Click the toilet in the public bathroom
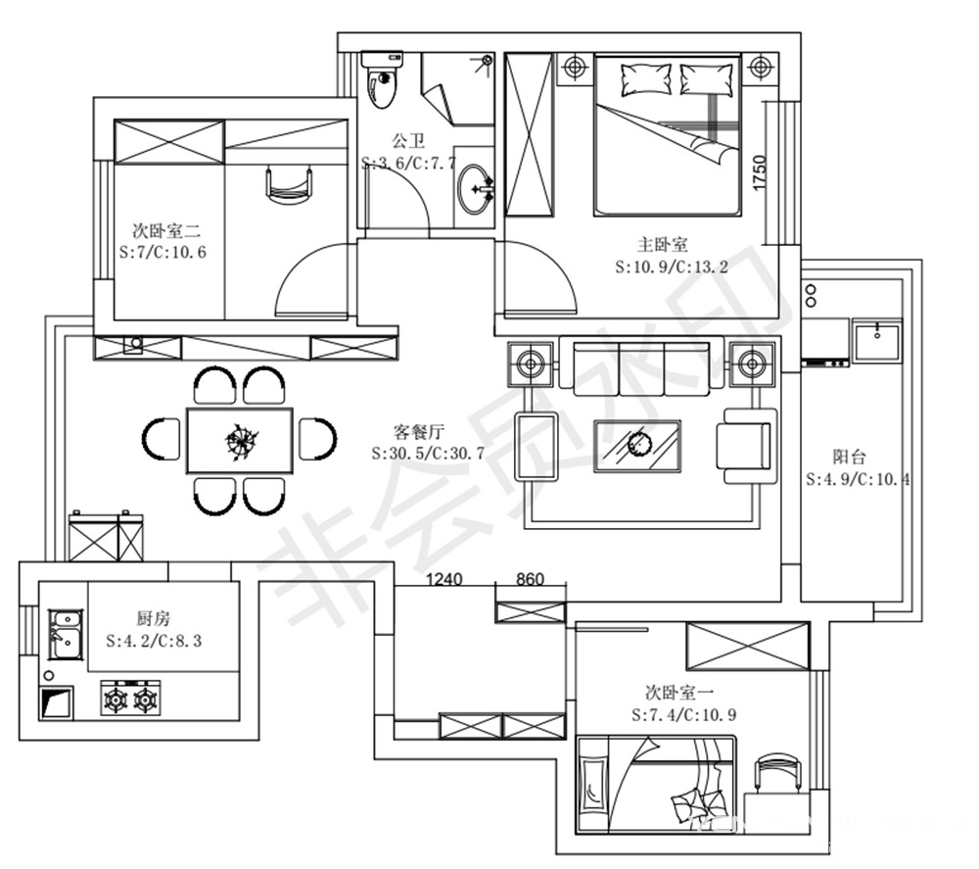tap(382, 79)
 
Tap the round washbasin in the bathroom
tap(476, 188)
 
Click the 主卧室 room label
tap(663, 244)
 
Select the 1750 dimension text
tap(760, 173)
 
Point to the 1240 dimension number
tap(443, 579)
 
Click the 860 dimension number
tap(530, 579)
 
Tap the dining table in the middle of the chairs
tap(240, 441)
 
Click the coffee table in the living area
tap(637, 446)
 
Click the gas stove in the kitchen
tap(130, 699)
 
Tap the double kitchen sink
tap(66, 635)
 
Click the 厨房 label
tap(153, 618)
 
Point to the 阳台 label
tap(850, 457)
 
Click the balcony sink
tap(877, 341)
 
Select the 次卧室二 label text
tap(166, 230)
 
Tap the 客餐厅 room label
tap(419, 431)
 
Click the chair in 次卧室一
tap(777, 773)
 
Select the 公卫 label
tap(408, 139)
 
